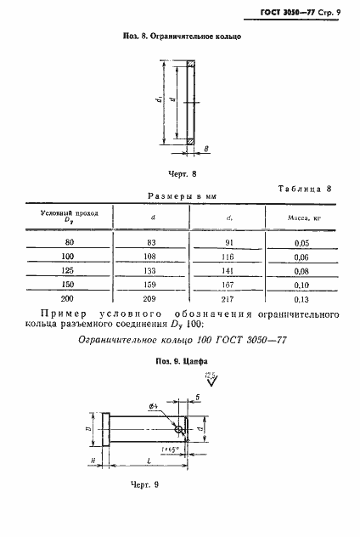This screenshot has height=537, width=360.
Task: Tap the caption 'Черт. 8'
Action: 182,173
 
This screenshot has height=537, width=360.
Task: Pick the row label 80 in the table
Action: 70,242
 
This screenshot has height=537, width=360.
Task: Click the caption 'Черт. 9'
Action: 146,483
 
